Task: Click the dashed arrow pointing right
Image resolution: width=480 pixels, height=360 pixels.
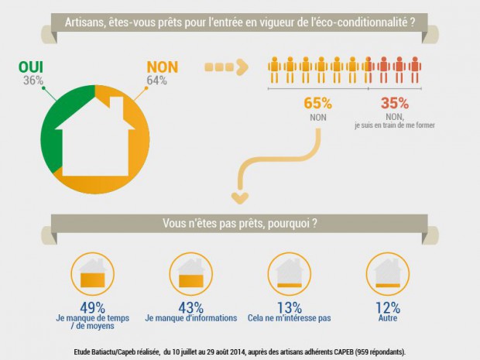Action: tap(225, 67)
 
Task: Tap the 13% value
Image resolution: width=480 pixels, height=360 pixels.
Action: tap(290, 307)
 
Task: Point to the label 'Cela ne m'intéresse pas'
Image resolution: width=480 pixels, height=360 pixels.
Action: tap(290, 318)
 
